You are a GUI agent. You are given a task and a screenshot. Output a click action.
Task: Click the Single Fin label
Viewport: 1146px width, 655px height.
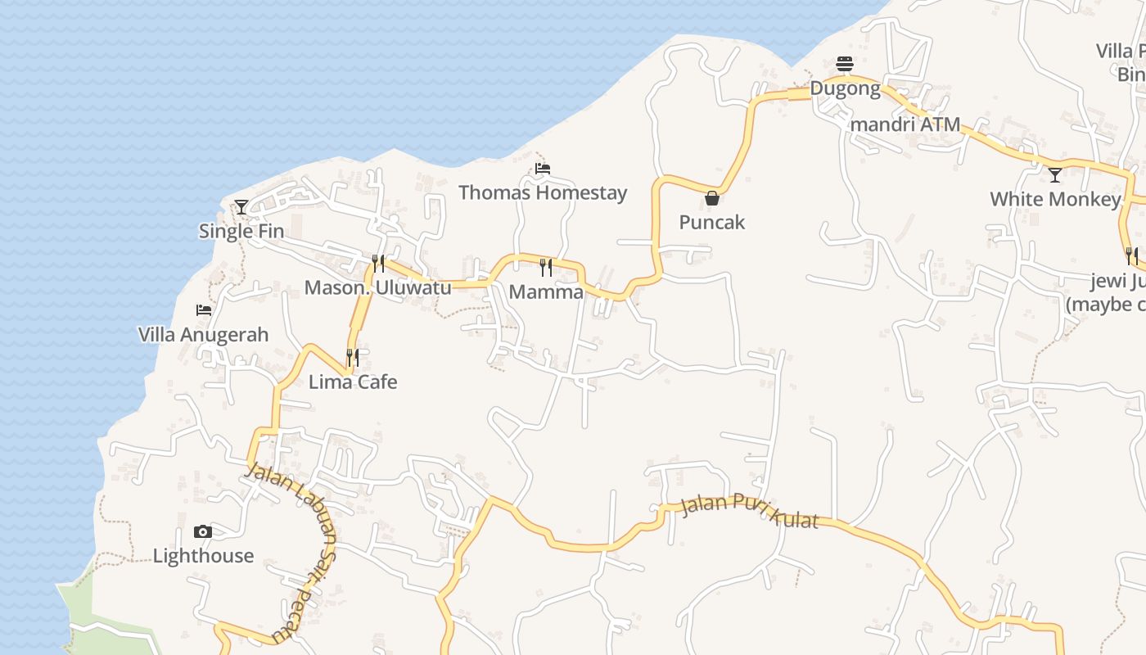241,232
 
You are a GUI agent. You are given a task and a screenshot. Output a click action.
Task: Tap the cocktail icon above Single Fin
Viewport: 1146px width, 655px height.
241,207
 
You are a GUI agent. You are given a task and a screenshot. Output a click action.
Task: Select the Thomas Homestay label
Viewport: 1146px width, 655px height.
543,193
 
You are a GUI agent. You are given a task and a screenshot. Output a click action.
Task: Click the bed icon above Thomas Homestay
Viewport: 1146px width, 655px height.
542,169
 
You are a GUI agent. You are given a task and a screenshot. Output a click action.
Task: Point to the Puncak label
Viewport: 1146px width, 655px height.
712,223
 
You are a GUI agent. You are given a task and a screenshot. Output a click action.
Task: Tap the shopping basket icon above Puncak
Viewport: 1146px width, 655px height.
712,198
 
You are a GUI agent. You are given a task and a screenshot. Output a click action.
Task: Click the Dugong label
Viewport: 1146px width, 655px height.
845,88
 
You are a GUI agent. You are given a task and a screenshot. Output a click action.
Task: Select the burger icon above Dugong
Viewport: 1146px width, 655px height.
845,64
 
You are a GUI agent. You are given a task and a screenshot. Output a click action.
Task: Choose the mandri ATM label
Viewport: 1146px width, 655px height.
905,125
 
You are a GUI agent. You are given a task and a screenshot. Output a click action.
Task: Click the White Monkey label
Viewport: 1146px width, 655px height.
1055,200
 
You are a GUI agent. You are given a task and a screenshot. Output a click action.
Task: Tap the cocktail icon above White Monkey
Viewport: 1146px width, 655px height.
1055,175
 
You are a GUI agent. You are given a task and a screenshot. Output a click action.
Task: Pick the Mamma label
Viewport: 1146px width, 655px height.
546,292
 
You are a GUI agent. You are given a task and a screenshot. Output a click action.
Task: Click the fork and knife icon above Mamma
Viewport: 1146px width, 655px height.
546,267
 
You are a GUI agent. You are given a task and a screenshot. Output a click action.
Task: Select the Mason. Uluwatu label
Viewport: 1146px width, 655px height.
377,288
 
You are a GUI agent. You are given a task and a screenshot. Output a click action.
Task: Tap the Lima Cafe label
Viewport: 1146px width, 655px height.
353,382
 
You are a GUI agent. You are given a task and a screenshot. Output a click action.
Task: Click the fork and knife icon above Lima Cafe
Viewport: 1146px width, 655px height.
353,357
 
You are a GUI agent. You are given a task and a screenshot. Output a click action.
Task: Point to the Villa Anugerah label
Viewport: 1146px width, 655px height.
203,335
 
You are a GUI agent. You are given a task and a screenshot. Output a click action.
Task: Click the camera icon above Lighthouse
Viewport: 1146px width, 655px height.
203,531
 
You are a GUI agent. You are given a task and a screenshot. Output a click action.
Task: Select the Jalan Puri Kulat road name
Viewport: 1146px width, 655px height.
749,512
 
